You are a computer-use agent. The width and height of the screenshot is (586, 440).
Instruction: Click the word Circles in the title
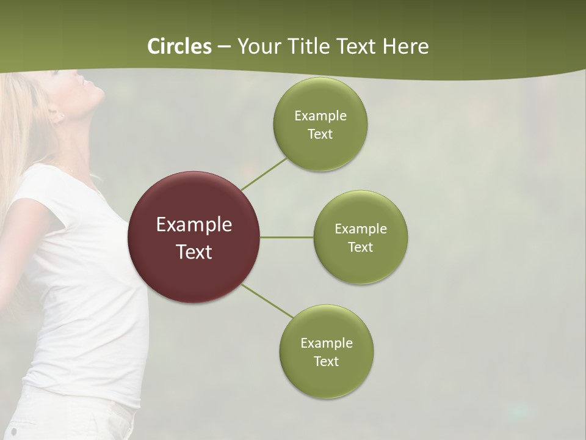[179, 46]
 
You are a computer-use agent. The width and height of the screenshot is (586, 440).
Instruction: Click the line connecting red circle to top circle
[264, 174]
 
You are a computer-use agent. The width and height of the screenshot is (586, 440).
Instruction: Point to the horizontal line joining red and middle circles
[287, 237]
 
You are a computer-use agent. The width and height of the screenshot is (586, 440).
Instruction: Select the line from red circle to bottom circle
[267, 300]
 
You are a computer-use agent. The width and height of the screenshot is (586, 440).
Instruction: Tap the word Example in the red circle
[194, 225]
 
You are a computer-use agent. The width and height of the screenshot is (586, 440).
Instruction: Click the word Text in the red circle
[194, 252]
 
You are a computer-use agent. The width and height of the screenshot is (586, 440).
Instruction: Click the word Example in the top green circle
[320, 116]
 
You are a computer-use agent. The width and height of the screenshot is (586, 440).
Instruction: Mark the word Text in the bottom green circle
[326, 362]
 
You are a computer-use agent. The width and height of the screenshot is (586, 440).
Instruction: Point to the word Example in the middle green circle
[361, 229]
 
